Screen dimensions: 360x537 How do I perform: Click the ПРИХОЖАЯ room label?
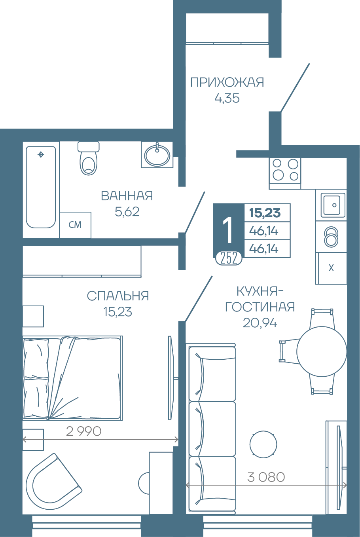[227, 82]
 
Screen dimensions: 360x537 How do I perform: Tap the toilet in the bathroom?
[89, 158]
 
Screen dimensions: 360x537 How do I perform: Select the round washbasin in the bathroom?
[157, 154]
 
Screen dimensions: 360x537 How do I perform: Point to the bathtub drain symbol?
[41, 155]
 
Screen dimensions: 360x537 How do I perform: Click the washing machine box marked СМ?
[75, 225]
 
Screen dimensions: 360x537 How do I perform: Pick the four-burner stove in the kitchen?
[285, 174]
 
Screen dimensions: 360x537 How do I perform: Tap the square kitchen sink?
[331, 205]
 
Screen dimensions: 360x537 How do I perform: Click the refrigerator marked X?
[331, 268]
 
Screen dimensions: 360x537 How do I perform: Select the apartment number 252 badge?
[229, 258]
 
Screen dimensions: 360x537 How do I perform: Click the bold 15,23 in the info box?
[265, 213]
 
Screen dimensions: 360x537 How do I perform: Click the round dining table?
[322, 351]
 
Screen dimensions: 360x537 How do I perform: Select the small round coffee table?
[263, 444]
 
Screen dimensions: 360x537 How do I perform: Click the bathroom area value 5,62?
[127, 212]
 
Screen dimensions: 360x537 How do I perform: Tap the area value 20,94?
[260, 323]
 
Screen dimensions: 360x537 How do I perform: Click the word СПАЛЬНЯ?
[117, 296]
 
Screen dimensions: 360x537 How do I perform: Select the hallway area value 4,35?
[227, 98]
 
